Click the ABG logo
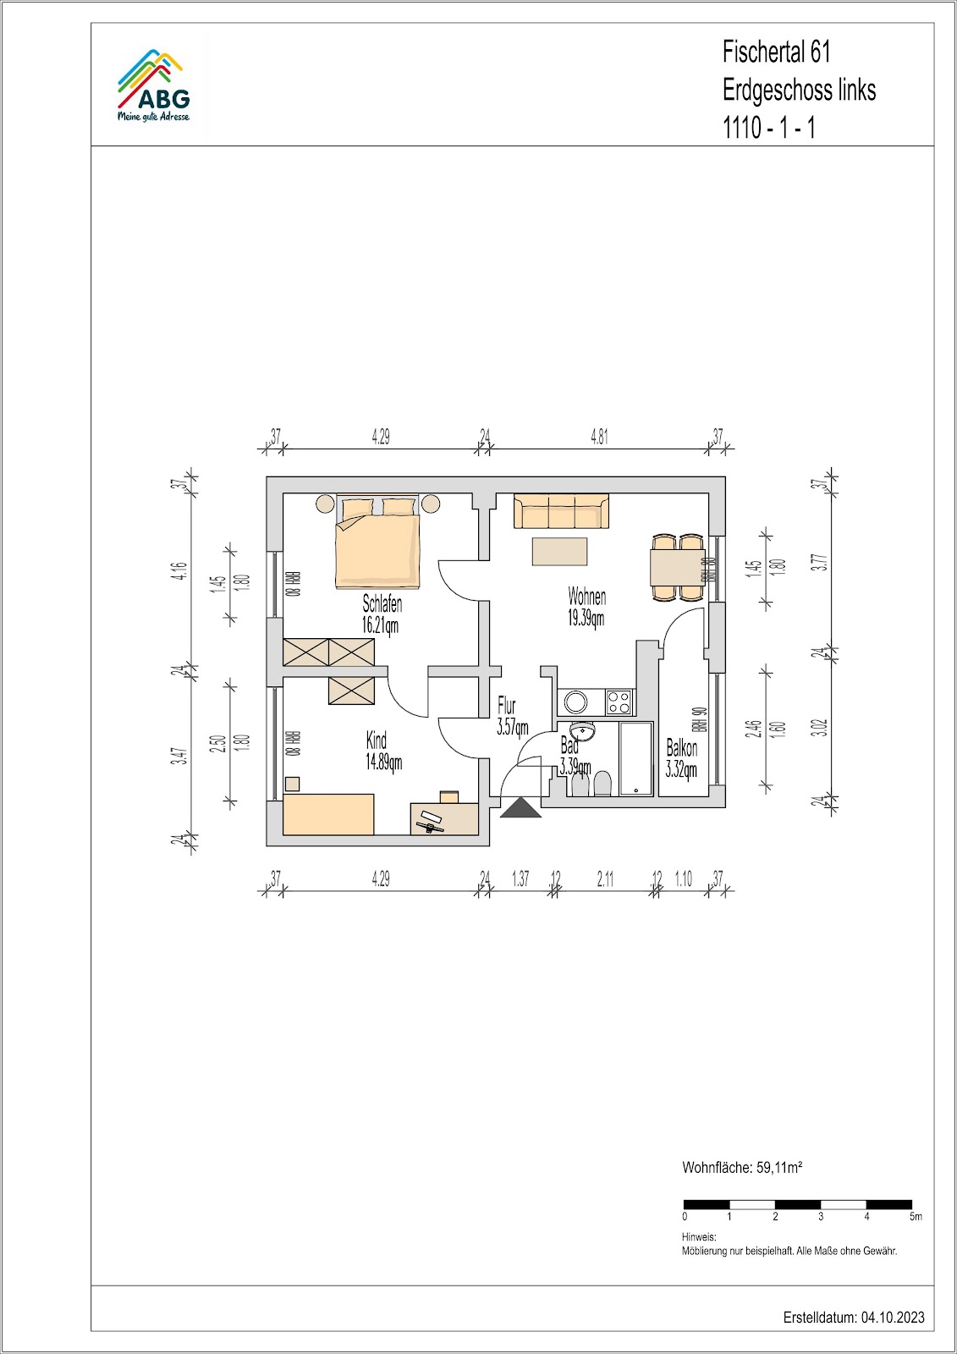[153, 86]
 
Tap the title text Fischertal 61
[776, 53]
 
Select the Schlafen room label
[382, 603]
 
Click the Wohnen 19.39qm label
[586, 608]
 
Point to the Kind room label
[376, 740]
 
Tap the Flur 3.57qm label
[512, 716]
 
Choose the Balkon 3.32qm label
[681, 759]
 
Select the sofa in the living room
[561, 511]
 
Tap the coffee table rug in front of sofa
[559, 551]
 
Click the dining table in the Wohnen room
[677, 567]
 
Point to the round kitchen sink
[575, 702]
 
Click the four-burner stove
[619, 702]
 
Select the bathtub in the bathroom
[635, 758]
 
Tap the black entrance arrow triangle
[520, 807]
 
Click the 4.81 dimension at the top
[599, 437]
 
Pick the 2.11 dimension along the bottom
[605, 879]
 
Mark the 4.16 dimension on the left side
[183, 572]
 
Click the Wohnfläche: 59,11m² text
[742, 1167]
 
